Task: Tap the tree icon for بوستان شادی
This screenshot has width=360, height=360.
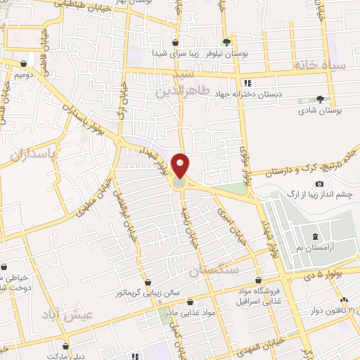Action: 321,99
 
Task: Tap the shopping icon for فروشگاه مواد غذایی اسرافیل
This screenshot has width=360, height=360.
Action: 259,279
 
